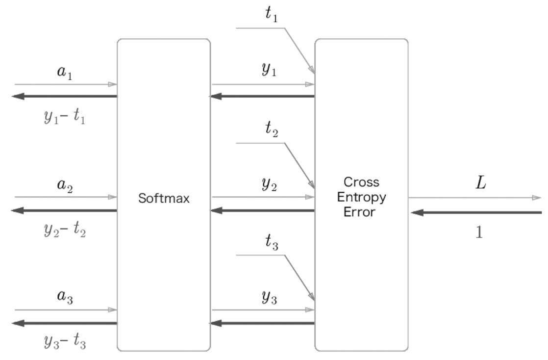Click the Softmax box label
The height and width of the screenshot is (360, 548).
point(164,198)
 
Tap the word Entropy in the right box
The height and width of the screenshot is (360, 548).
point(361,197)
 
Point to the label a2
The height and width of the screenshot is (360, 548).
point(65,184)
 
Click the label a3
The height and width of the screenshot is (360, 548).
point(65,296)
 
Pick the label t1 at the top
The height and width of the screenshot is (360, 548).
point(272,14)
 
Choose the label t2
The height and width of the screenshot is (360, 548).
point(272,129)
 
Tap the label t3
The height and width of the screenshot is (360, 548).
point(272,242)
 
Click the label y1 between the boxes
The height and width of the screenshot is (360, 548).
point(269,69)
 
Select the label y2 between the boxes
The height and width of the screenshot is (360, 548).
point(269,183)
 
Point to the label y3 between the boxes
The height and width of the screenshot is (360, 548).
point(269,297)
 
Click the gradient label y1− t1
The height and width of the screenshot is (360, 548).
point(65,117)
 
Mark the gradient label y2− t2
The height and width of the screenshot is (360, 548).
point(65,230)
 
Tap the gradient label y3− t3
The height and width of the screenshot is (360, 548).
point(65,341)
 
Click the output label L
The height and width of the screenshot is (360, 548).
point(481,182)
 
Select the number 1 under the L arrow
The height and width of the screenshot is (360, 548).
point(479,232)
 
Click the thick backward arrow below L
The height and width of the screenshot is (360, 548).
point(476,212)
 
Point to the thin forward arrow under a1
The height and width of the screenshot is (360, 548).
point(66,84)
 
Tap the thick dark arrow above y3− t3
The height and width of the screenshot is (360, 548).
point(64,323)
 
